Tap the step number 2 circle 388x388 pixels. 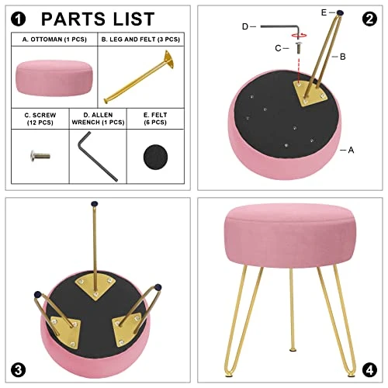coord(369,19)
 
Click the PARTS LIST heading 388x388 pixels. coord(98,19)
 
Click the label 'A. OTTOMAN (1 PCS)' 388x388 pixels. coord(54,38)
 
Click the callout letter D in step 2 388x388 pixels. coord(245,26)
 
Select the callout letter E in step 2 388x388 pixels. coord(324,12)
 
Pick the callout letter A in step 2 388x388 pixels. coord(351,150)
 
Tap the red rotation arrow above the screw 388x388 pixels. coord(296,35)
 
